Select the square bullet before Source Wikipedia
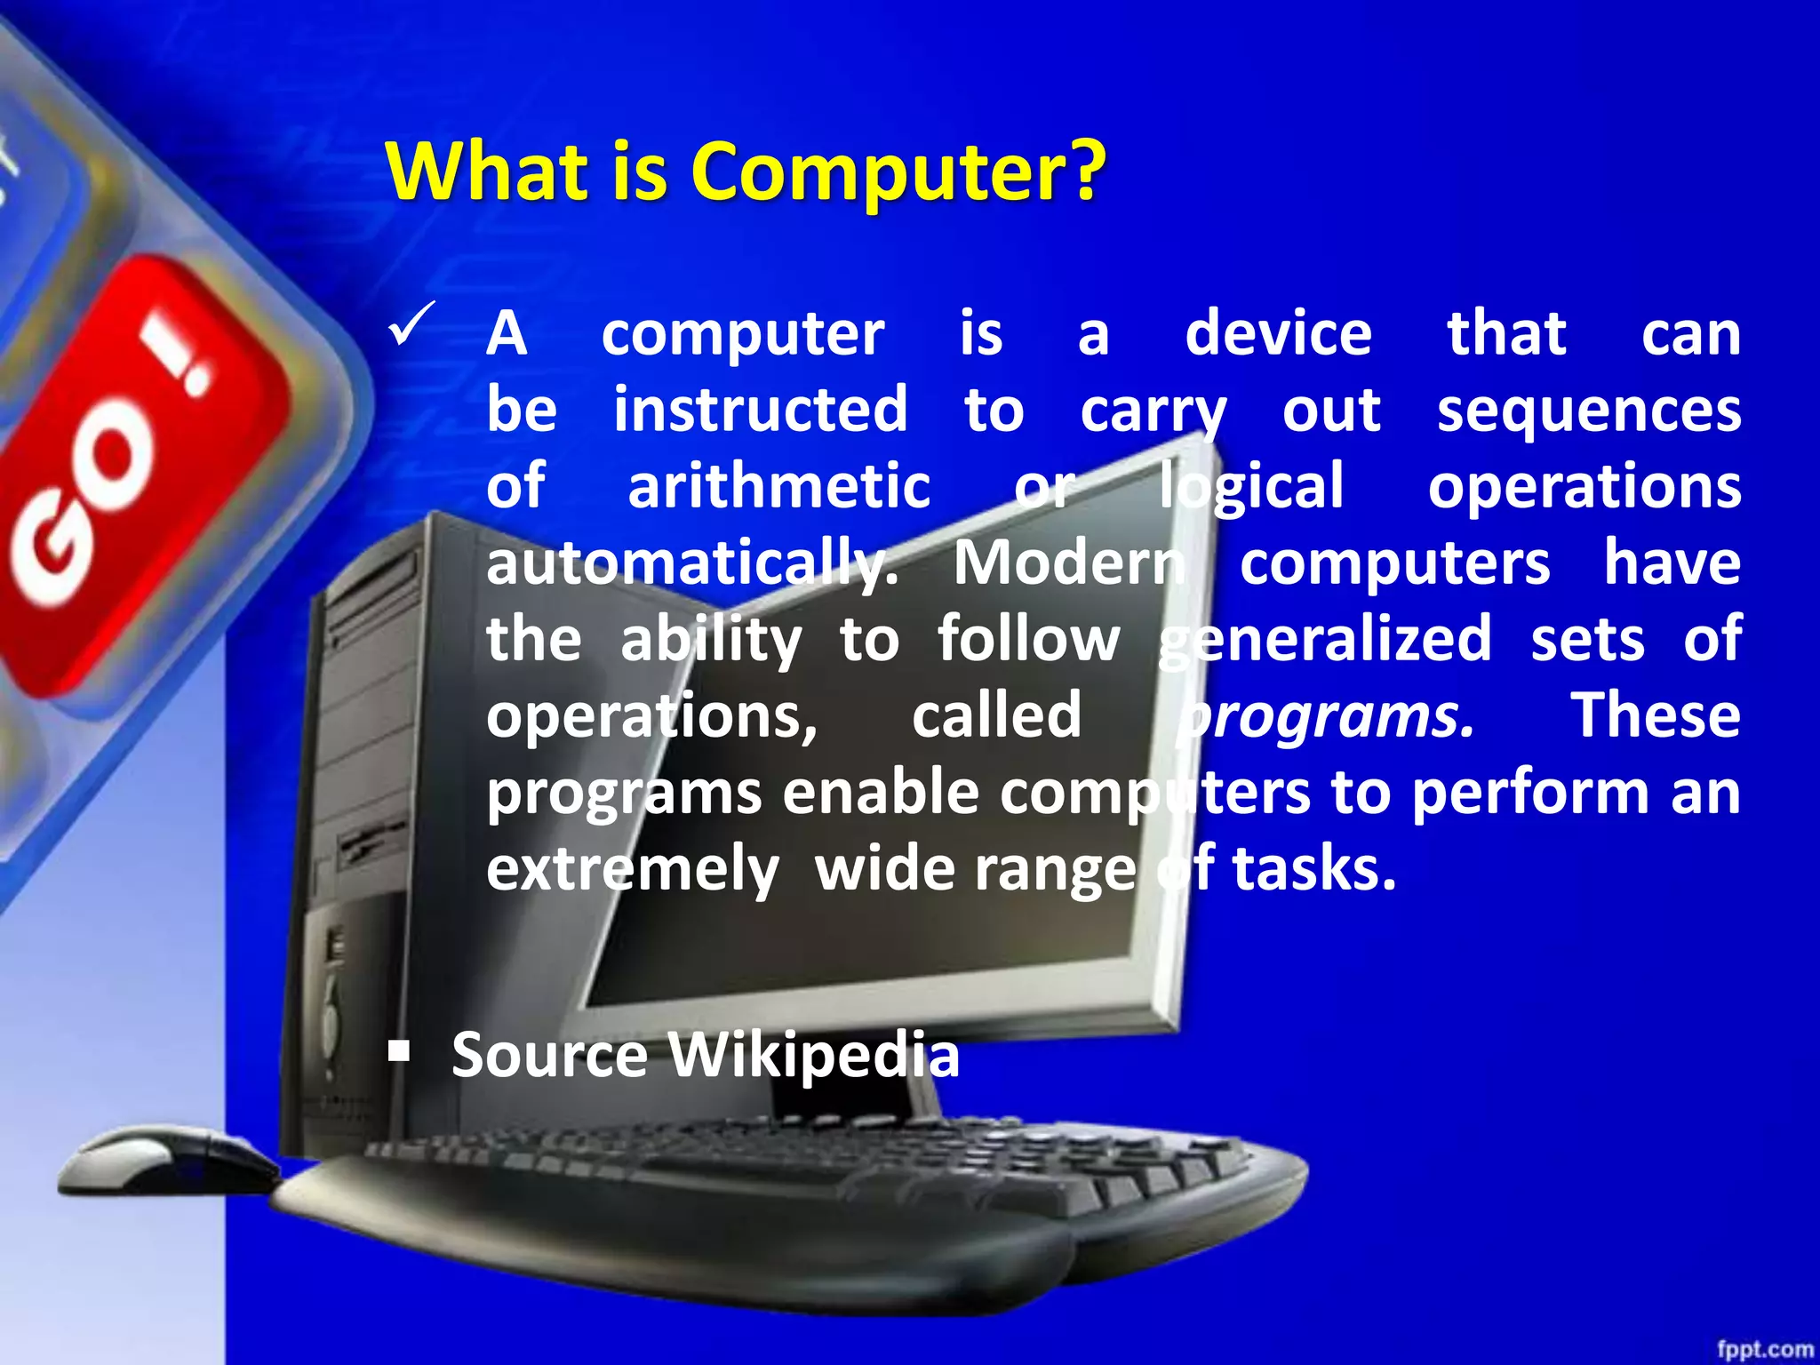[399, 1053]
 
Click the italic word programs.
[1326, 716]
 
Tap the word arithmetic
[778, 486]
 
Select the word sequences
[1589, 410]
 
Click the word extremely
[632, 869]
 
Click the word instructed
[761, 410]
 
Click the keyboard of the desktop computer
[800, 1191]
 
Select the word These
[1656, 715]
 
